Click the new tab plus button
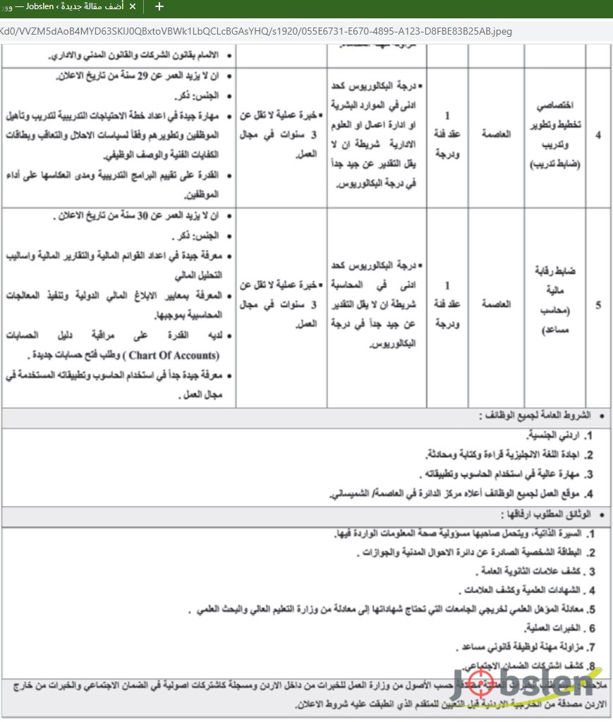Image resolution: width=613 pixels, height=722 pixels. (159, 7)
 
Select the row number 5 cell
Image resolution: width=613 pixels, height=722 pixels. (598, 306)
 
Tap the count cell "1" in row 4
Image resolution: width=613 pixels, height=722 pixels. (447, 115)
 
